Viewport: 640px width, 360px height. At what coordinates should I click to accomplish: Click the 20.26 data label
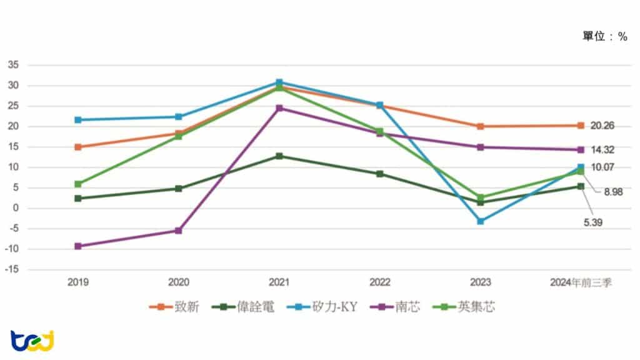pos(602,126)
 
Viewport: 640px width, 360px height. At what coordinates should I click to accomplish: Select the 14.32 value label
pos(602,150)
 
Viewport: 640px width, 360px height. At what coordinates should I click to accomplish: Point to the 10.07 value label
pos(602,167)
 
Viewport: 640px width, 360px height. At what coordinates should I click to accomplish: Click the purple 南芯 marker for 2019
pos(78,246)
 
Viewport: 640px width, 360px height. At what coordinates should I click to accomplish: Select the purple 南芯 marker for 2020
pos(178,231)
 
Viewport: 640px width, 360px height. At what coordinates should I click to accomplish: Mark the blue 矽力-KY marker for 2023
pos(481,221)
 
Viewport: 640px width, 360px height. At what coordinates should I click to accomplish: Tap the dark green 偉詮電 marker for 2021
pos(279,156)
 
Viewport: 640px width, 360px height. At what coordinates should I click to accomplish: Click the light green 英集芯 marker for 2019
pos(78,184)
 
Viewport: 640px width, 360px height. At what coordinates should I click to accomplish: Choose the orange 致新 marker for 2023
pos(481,126)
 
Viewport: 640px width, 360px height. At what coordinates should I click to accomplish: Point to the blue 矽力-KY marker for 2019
pos(78,119)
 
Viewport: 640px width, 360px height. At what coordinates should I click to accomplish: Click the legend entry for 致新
pos(174,307)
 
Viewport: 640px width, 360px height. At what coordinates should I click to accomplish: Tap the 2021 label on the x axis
pos(279,282)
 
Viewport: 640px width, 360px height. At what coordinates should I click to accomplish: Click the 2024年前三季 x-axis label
pos(581,282)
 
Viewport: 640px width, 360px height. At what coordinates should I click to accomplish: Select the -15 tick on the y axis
pos(12,270)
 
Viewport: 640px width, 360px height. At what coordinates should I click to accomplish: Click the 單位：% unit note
pos(604,37)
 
